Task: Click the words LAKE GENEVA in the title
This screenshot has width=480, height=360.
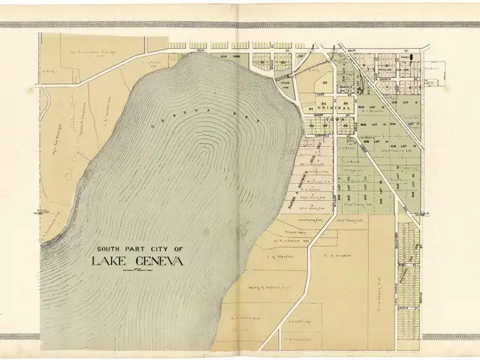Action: tap(136, 261)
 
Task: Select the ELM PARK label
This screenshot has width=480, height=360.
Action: tap(229, 56)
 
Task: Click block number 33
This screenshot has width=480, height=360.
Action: tap(325, 82)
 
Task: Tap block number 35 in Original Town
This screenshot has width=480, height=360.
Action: tap(345, 102)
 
